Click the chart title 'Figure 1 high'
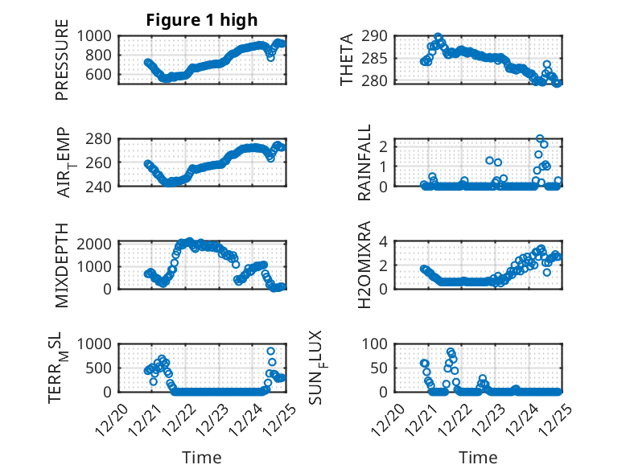tap(202, 20)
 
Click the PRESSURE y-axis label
tap(62, 59)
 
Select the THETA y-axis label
tap(347, 59)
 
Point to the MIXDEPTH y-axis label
tap(62, 264)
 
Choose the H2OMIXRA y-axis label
tap(364, 264)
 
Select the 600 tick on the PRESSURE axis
tap(101, 74)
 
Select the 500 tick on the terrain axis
tap(101, 368)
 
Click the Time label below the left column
tap(202, 457)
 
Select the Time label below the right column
tap(478, 457)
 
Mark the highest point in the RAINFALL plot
tap(540, 139)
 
